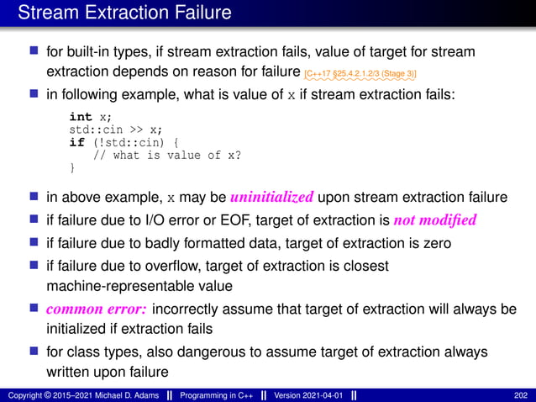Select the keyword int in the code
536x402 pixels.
tap(81, 118)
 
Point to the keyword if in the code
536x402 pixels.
tap(75, 143)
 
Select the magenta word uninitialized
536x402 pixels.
tap(272, 198)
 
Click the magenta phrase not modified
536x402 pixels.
tap(434, 221)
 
